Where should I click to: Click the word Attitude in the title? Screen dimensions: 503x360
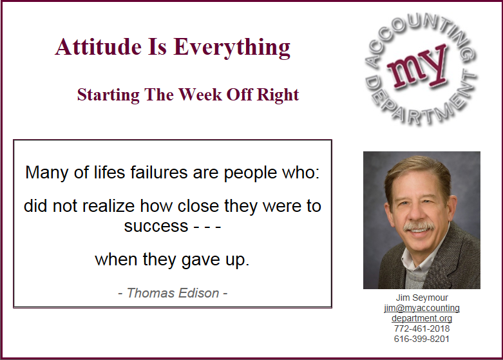point(99,46)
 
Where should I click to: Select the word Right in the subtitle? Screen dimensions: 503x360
point(278,95)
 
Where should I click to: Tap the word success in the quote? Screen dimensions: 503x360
point(156,227)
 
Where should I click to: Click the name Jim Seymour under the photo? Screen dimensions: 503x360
point(422,298)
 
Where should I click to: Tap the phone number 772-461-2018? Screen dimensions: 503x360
point(422,328)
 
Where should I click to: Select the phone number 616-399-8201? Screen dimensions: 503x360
point(422,339)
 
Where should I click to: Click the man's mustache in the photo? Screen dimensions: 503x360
point(419,226)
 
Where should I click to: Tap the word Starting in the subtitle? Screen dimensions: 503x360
point(108,95)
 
